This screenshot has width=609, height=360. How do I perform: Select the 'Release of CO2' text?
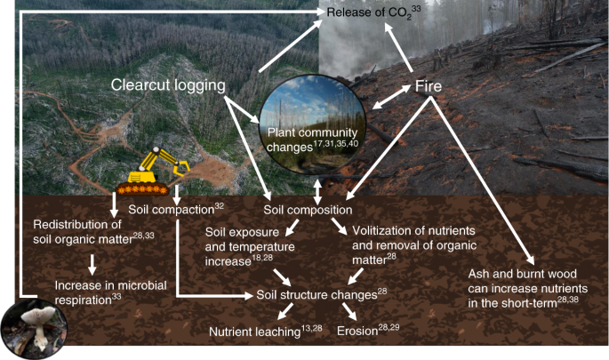click(365, 12)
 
